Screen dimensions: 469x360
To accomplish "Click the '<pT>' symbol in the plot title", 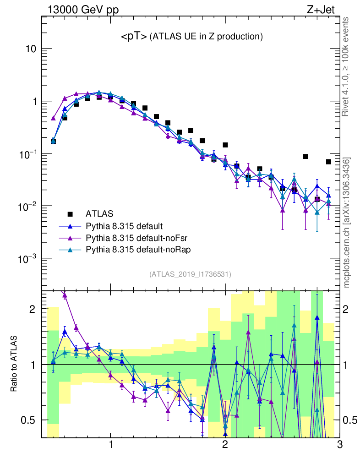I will pyautogui.click(x=134, y=36).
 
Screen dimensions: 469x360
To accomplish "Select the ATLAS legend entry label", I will pyautogui.click(x=99, y=213).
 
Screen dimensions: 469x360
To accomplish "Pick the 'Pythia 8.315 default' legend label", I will pyautogui.click(x=124, y=226).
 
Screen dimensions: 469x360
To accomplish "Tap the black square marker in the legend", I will pyautogui.click(x=70, y=213).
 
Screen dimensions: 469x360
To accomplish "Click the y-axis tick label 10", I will pyautogui.click(x=31, y=49).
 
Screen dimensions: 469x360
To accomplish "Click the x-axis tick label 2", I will pyautogui.click(x=225, y=445).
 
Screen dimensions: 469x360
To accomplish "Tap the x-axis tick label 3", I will pyautogui.click(x=339, y=445).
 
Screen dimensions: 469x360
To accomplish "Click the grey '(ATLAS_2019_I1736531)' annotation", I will pyautogui.click(x=190, y=274).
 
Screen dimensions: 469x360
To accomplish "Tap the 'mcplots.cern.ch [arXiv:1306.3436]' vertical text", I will pyautogui.click(x=347, y=223).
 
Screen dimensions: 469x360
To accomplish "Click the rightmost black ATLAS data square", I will pyautogui.click(x=328, y=162).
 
